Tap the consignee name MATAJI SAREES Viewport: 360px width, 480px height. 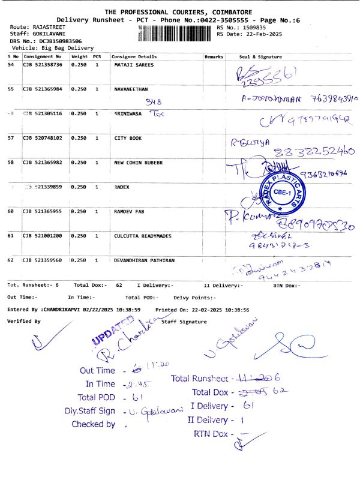coord(134,64)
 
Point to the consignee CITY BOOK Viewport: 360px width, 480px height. coord(128,138)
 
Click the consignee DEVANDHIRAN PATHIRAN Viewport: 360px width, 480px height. coord(144,260)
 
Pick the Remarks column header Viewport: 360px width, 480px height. coord(214,56)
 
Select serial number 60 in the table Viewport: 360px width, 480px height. coord(11,211)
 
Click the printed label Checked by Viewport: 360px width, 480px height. coord(93,424)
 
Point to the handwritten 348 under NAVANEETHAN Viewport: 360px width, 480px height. coord(154,102)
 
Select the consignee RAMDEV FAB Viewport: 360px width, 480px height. coord(131,211)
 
